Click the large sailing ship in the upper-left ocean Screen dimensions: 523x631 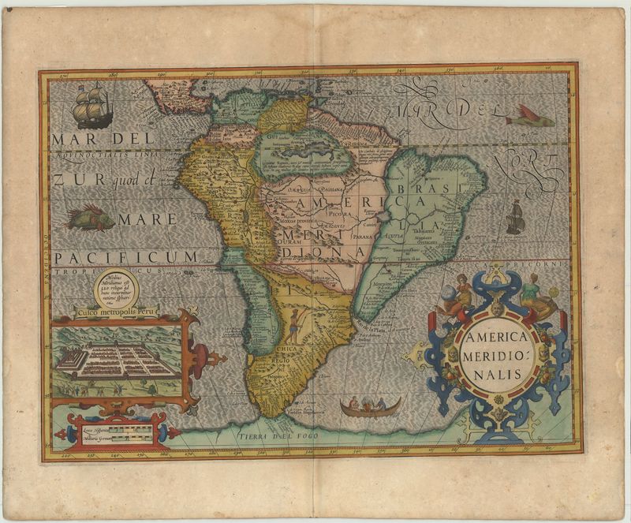tap(93, 106)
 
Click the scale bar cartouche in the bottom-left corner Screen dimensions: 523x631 tap(110, 432)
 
